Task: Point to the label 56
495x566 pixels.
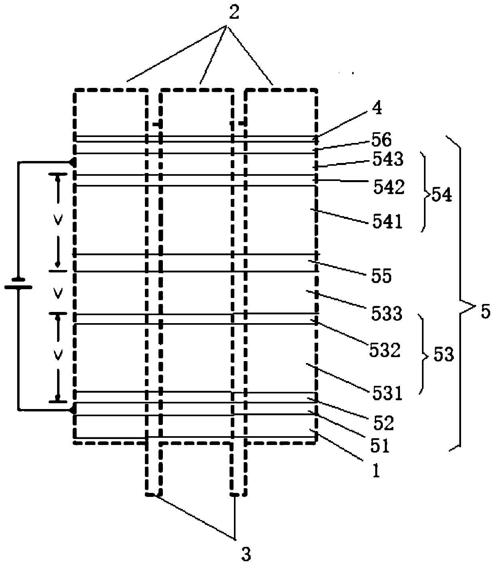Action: pyautogui.click(x=382, y=140)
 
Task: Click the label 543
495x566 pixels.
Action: pyautogui.click(x=387, y=160)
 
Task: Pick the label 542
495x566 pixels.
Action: pyautogui.click(x=388, y=187)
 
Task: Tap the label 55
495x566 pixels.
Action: pyautogui.click(x=381, y=276)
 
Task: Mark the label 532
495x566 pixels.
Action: pyautogui.click(x=384, y=350)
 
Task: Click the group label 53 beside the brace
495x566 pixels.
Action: pyautogui.click(x=442, y=354)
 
